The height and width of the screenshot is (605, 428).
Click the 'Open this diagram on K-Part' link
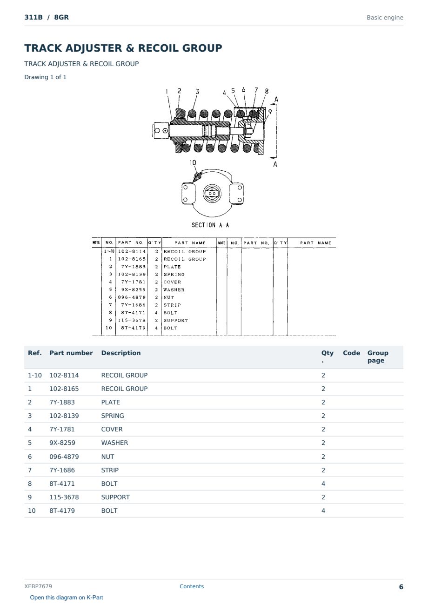(67, 597)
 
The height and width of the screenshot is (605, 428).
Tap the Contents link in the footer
(192, 586)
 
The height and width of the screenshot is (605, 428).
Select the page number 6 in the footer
(401, 587)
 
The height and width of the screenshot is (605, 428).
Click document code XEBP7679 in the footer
(38, 586)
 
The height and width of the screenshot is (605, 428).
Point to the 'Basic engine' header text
(385, 18)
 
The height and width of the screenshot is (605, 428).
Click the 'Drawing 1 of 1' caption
(45, 77)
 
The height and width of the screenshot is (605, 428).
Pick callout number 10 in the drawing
(193, 162)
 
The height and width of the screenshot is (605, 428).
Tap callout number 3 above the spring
(197, 92)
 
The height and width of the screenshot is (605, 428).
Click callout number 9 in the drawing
(270, 112)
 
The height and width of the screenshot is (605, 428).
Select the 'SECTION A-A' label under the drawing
(210, 225)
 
